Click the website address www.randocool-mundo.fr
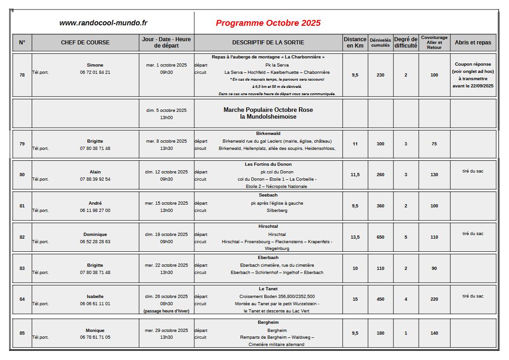[103, 23]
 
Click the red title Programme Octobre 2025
[268, 23]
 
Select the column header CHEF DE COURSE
[85, 43]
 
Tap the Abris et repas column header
[473, 43]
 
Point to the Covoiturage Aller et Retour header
[434, 43]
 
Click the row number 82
[22, 237]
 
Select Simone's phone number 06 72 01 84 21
[95, 72]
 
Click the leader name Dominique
[95, 235]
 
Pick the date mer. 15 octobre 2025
[166, 203]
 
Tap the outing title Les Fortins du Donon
[268, 164]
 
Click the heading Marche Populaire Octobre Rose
[268, 110]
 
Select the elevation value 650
[380, 237]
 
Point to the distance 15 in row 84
[355, 299]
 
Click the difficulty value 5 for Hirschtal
[406, 237]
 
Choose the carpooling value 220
[434, 299]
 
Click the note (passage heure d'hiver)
[166, 311]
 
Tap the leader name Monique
[95, 331]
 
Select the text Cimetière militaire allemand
[276, 345]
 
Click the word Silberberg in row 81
[277, 211]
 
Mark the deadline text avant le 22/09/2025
[473, 86]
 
